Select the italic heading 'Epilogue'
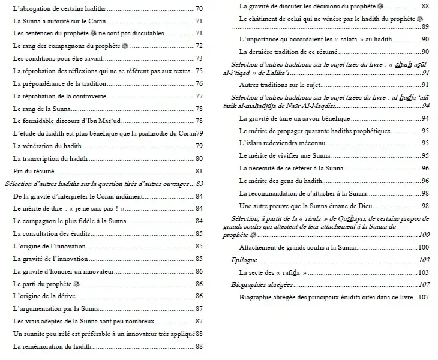[x=245, y=260]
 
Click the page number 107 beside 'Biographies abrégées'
[x=424, y=284]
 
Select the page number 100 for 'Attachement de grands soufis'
[x=424, y=247]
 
